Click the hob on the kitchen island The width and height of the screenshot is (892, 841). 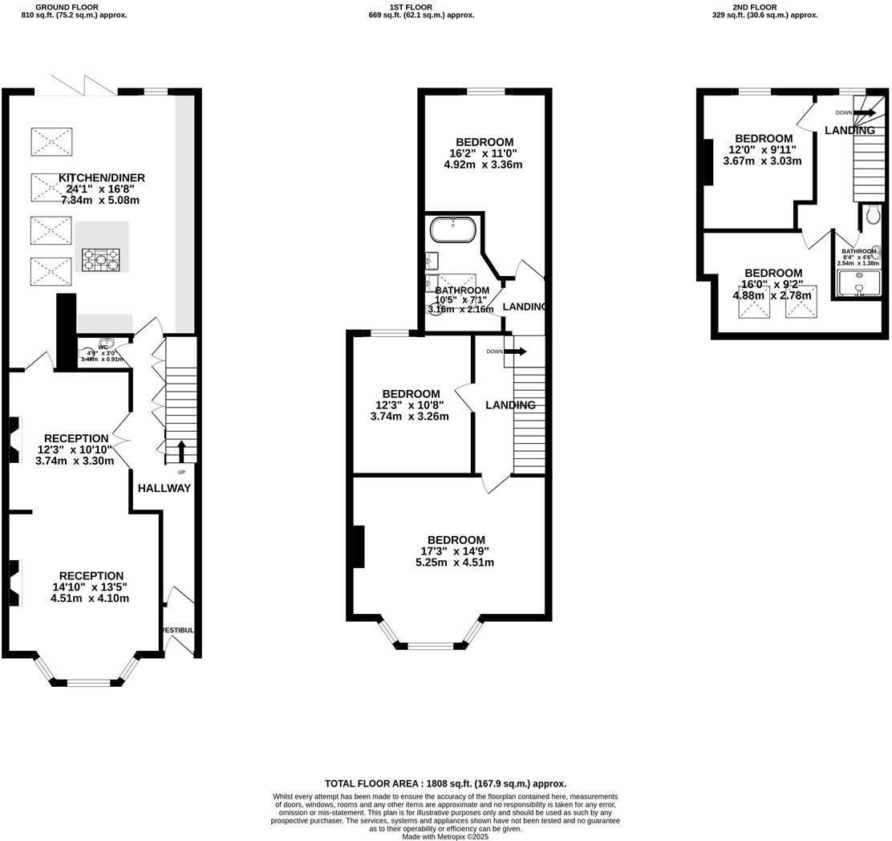[102, 258]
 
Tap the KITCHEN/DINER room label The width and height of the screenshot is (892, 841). [101, 178]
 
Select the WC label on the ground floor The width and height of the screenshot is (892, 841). [103, 347]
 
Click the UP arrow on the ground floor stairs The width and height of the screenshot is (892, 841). [180, 451]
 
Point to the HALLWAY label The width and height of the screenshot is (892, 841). [164, 488]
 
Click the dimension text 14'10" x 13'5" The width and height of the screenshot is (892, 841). [89, 587]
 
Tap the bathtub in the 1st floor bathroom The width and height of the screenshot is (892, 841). [454, 230]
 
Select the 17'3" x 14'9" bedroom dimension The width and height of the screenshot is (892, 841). [455, 551]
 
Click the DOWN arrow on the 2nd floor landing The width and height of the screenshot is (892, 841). [864, 113]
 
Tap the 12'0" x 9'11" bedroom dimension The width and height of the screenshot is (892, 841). [763, 149]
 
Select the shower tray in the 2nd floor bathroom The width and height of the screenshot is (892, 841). [858, 283]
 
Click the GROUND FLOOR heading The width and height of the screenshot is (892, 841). [73, 7]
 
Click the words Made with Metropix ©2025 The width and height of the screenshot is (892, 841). [445, 836]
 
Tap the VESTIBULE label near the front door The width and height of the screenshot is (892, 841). [178, 630]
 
